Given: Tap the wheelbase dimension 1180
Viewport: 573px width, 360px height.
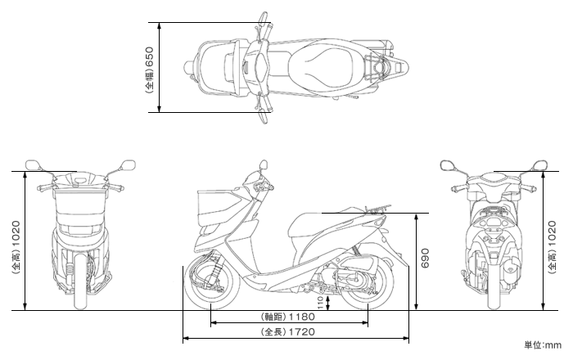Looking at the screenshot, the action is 302,316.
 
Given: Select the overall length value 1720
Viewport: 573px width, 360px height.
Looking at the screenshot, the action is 302,331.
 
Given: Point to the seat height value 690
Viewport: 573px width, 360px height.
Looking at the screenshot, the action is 425,258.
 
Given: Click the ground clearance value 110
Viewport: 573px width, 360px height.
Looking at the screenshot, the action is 321,303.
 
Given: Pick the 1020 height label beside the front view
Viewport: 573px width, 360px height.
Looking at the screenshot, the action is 16,234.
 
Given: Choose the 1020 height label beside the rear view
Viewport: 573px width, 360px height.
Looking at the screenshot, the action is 552,234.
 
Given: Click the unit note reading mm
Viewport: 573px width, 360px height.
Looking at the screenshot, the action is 553,345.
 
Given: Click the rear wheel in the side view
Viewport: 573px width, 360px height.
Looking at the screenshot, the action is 367,283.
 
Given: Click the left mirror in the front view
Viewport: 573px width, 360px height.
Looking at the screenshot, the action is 33,165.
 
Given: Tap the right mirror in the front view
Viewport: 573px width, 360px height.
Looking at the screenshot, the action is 128,165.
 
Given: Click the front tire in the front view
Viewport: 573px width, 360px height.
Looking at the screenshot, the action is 80,281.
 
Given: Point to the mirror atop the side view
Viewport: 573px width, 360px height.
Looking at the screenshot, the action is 263,164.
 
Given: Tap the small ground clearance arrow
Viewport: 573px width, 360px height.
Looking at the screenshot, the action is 328,303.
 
